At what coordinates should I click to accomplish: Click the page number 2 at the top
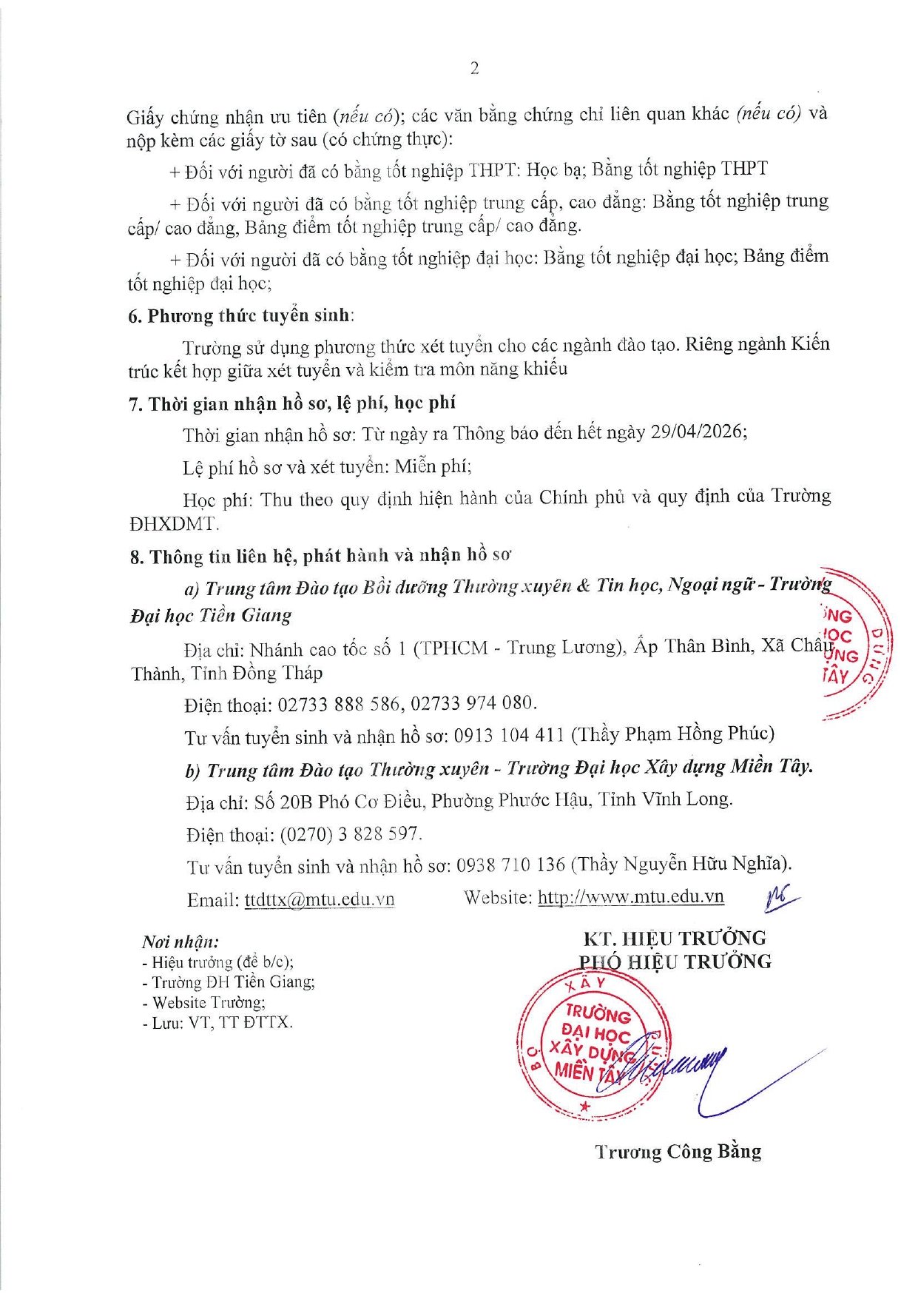[x=474, y=69]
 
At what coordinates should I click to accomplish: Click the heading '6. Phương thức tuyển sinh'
[x=240, y=316]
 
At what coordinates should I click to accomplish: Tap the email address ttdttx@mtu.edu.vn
[x=319, y=899]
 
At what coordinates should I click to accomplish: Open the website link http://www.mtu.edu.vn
[x=630, y=897]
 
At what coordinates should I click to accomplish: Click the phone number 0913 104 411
[x=509, y=735]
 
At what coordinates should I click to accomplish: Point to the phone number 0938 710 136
[x=510, y=865]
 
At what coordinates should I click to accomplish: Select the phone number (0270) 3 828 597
[x=351, y=834]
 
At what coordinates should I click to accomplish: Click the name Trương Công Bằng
[x=678, y=1152]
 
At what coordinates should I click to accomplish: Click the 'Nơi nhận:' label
[x=180, y=942]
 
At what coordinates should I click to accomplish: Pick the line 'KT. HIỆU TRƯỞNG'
[x=675, y=939]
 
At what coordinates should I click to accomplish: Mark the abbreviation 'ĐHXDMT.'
[x=175, y=524]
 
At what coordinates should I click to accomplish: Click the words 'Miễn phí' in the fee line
[x=433, y=466]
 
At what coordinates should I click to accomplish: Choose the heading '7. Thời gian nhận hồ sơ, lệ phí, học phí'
[x=292, y=403]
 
